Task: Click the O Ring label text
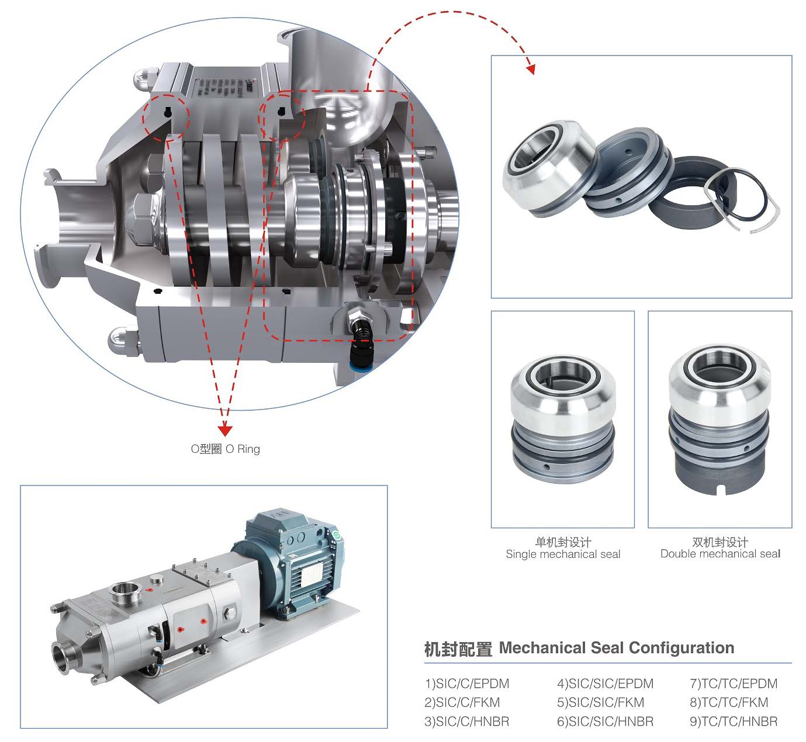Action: tap(225, 449)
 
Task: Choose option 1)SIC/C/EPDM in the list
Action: tap(467, 684)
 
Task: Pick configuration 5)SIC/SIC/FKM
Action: tap(600, 702)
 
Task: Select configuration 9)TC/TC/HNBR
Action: tap(734, 722)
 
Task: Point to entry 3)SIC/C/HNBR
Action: tap(467, 722)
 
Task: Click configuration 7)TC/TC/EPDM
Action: tap(734, 684)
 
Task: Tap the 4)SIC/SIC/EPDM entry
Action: tap(605, 684)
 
